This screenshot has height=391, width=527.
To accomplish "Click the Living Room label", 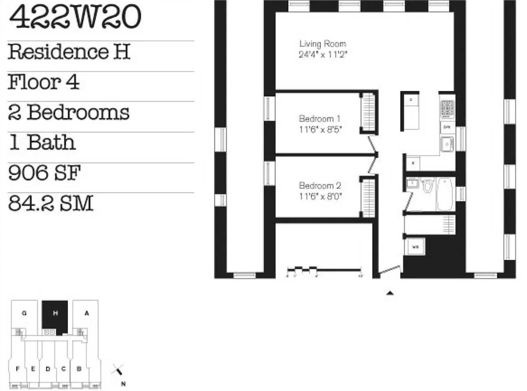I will (x=322, y=44).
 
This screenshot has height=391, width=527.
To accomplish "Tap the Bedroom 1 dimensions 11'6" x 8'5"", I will (x=320, y=129).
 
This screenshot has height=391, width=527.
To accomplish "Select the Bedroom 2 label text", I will (x=320, y=185).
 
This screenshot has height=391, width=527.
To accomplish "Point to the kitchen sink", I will (x=446, y=144).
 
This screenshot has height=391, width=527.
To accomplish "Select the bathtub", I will (x=445, y=194).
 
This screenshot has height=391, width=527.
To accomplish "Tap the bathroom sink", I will (x=412, y=183).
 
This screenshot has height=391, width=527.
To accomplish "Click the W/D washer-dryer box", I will (x=415, y=247).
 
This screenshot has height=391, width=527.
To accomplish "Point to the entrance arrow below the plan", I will (x=390, y=293).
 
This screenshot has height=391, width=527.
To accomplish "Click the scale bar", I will (x=324, y=270).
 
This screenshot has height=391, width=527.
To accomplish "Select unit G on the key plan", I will (x=24, y=313).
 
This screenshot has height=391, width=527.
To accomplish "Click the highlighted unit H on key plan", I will (x=55, y=313).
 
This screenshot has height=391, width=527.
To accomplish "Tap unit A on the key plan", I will (x=86, y=313).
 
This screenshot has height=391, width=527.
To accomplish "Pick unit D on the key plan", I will (x=48, y=369).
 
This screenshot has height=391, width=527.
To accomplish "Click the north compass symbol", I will (x=118, y=372).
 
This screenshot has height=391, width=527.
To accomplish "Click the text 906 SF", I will (x=44, y=173).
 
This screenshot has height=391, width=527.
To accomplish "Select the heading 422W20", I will (x=75, y=17).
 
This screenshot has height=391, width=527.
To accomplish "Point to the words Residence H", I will (x=69, y=52).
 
